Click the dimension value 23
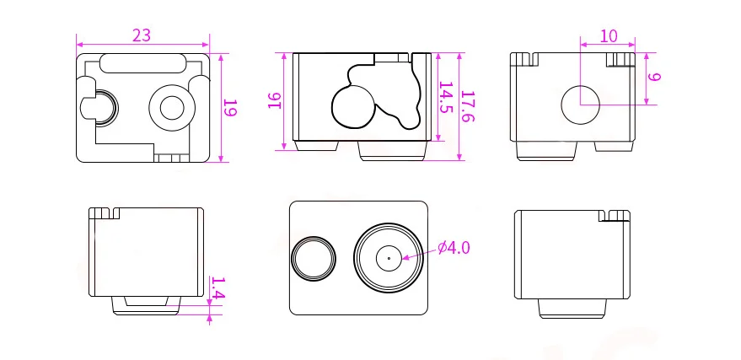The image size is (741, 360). pos(142,35)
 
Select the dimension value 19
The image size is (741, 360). pos(230,108)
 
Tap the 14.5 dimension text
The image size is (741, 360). pos(446,98)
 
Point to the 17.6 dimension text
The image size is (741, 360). pos(467,107)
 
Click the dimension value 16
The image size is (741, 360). pos(275,100)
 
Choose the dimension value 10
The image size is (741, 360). pos(608,36)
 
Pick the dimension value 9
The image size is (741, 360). pos(654,77)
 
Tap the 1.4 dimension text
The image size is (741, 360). pos(217,288)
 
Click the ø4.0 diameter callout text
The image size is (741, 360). pos(454,248)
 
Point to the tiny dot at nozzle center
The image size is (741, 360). pos(389,258)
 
